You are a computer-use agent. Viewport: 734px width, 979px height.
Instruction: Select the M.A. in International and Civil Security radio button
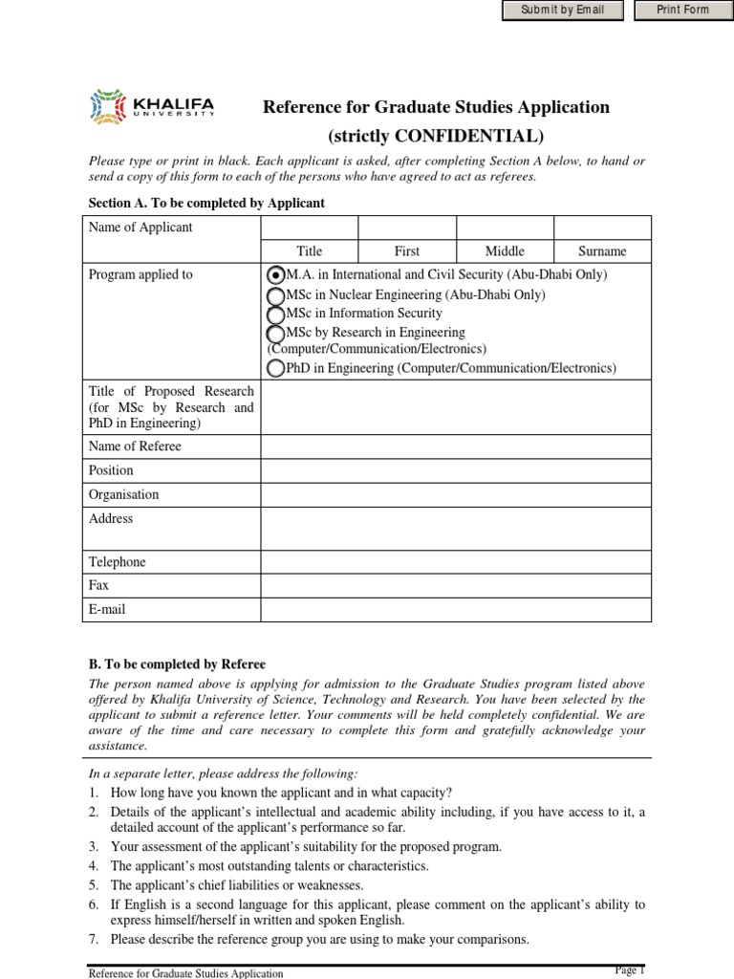click(x=277, y=275)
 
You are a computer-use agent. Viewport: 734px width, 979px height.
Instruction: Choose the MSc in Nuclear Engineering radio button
click(x=276, y=295)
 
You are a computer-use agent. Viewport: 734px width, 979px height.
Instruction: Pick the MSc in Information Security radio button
click(x=276, y=314)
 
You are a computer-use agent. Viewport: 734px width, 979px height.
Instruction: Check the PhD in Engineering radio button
click(x=276, y=368)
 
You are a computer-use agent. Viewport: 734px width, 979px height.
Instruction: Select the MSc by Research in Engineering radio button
click(x=276, y=333)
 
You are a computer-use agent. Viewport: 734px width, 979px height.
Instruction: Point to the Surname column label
click(x=602, y=251)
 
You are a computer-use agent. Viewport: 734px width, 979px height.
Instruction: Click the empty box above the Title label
click(x=309, y=228)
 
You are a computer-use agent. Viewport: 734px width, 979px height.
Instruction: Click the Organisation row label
click(x=123, y=495)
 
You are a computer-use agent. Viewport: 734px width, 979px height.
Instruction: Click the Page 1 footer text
click(x=630, y=969)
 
